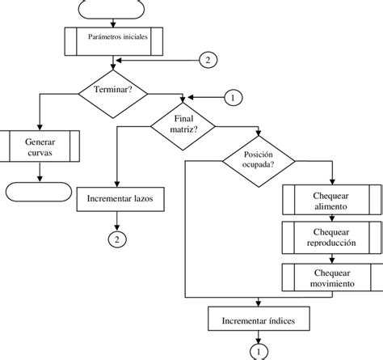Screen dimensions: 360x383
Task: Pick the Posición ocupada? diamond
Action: tap(259, 158)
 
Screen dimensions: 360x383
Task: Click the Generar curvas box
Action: tap(39, 146)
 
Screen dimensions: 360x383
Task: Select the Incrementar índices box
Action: tap(258, 322)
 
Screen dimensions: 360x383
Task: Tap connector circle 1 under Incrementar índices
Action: tap(258, 352)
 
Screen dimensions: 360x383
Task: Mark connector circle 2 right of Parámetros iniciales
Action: tap(208, 60)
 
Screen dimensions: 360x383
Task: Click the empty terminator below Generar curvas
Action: tap(38, 192)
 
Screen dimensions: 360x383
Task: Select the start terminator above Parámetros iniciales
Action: tap(113, 8)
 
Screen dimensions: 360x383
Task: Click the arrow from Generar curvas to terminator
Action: tap(38, 172)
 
